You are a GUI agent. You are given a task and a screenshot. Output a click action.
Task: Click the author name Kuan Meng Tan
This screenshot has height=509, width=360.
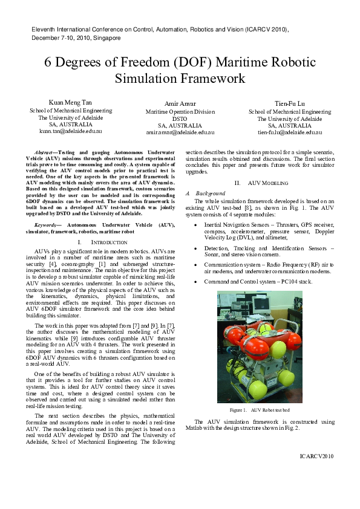tap(71, 102)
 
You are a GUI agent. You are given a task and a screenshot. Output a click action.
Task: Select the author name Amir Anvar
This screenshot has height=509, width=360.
tap(180, 103)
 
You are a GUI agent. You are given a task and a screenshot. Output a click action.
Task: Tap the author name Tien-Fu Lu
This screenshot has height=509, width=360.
tap(290, 103)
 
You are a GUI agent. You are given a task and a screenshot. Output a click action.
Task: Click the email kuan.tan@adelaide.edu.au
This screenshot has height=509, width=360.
tap(71, 131)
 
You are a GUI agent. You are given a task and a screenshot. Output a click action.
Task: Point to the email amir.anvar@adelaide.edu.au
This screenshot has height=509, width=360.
tap(180, 132)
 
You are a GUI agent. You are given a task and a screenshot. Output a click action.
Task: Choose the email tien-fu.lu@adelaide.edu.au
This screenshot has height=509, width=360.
tap(290, 132)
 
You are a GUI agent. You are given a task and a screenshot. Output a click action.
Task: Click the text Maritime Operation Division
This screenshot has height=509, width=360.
tap(180, 112)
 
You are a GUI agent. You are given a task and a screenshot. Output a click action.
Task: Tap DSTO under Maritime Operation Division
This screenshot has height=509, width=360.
tap(180, 118)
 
